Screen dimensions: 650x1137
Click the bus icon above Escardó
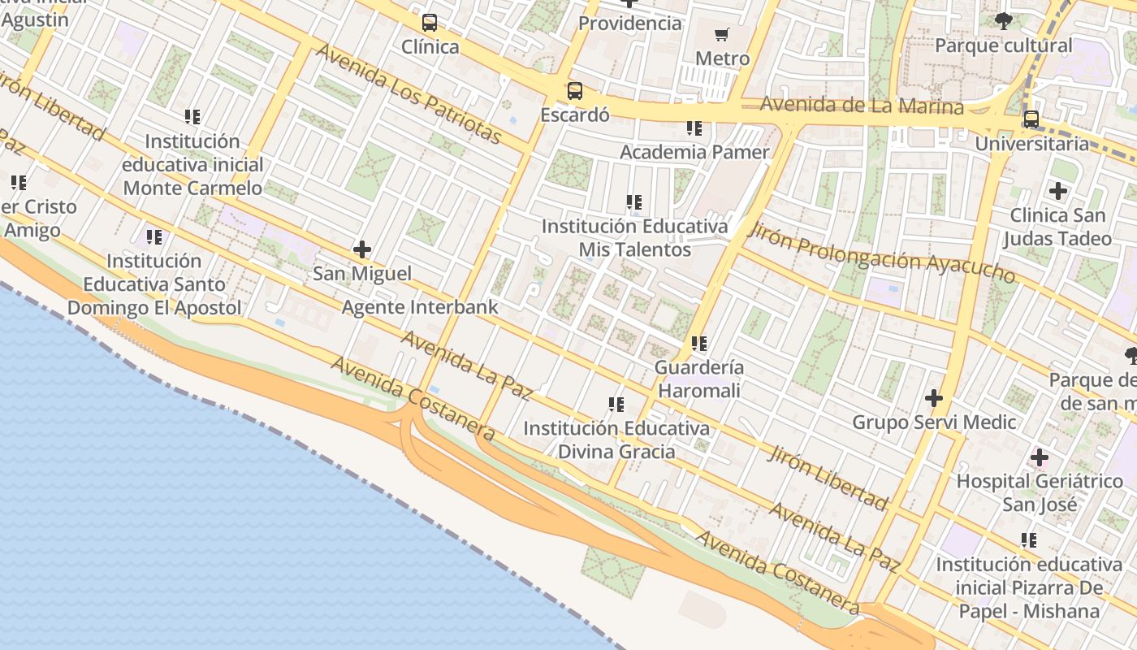(x=575, y=90)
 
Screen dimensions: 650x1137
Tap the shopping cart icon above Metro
(x=722, y=34)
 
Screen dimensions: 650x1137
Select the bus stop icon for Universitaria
(x=1031, y=119)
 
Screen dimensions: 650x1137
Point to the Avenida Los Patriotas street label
(x=409, y=93)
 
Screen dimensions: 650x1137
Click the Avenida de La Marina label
(x=862, y=106)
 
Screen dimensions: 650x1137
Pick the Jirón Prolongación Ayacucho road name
(x=881, y=252)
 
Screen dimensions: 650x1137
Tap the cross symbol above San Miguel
(x=362, y=249)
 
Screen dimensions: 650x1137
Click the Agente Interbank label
(x=420, y=307)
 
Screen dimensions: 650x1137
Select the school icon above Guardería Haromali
(x=698, y=344)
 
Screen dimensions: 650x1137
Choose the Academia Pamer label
(x=694, y=152)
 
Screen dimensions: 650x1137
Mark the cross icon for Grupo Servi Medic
(x=934, y=398)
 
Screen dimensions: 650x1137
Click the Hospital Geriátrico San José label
(x=1040, y=492)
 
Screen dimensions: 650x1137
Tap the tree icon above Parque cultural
(x=1004, y=21)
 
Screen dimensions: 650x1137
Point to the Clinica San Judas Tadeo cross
(x=1057, y=191)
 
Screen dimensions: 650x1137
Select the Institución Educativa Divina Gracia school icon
(x=616, y=404)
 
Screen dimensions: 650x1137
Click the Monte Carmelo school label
(x=192, y=165)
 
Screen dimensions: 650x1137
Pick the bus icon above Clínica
(x=430, y=23)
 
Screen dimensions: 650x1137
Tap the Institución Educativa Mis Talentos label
(x=634, y=237)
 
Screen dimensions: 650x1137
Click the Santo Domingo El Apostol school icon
(x=153, y=237)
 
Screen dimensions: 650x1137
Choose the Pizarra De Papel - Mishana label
(x=1029, y=587)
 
